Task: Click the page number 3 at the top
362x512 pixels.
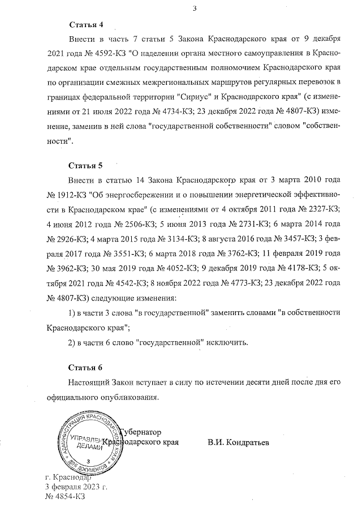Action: coord(195,8)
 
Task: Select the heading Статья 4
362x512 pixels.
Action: coord(85,25)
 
